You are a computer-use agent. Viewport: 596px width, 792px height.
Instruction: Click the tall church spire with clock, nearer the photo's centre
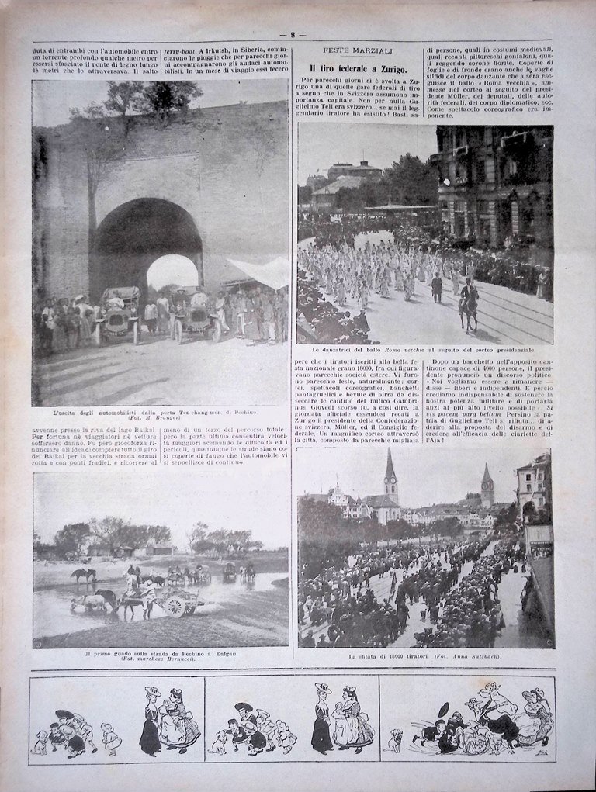tap(390, 477)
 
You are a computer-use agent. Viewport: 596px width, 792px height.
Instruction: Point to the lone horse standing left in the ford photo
tap(83, 575)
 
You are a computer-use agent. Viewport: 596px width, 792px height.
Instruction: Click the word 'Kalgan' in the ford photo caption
tap(224, 654)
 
